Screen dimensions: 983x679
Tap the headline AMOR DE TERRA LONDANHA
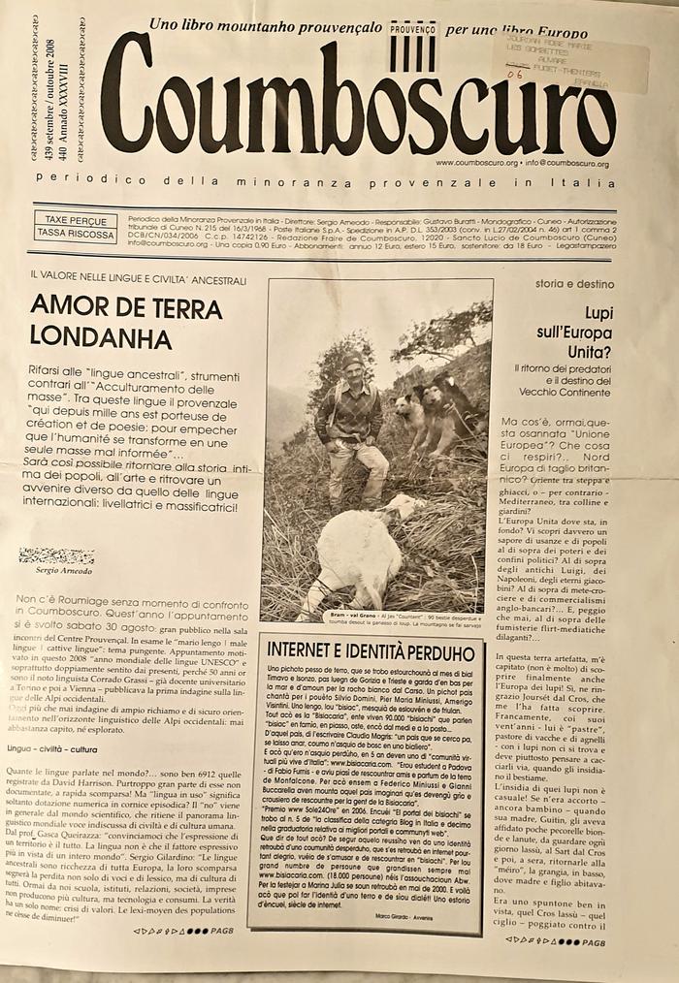pyautogui.click(x=126, y=320)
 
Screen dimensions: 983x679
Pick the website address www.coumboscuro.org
pyautogui.click(x=476, y=164)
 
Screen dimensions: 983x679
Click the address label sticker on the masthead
pyautogui.click(x=574, y=58)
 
